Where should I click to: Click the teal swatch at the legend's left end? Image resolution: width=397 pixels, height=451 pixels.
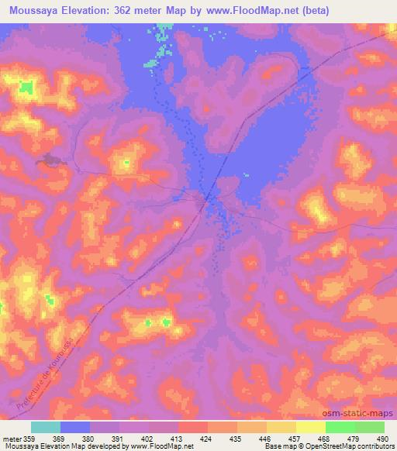[45, 427]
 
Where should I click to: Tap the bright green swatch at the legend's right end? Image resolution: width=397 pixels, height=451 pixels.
[369, 427]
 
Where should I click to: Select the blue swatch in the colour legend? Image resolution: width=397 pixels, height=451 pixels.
[75, 427]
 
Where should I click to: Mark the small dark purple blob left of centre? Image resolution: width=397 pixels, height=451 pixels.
[51, 160]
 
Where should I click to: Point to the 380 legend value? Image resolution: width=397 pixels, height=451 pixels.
[90, 438]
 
